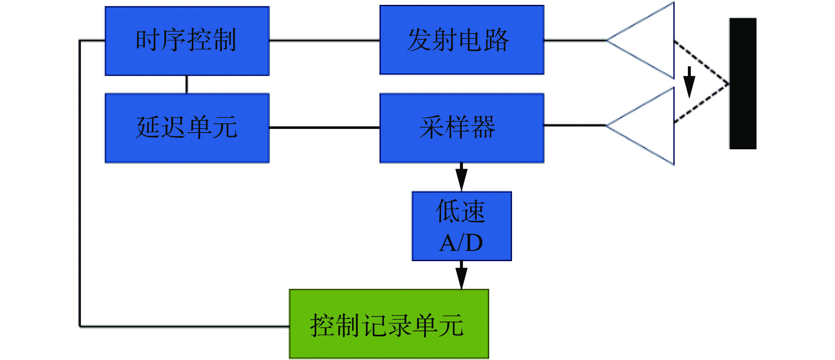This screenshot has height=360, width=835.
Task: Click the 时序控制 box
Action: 187,41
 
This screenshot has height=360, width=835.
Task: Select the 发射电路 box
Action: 462,40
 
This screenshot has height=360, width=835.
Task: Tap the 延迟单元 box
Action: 187,128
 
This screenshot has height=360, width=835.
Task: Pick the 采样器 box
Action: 462,128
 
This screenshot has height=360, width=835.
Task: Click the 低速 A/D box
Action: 462,226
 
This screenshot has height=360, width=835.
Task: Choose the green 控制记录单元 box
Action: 389,323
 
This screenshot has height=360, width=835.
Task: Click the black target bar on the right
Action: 743,83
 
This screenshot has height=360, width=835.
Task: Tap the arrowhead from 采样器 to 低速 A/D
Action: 462,179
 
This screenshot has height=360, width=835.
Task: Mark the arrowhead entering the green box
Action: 462,277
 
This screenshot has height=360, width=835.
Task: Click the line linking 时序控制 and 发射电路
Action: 324,40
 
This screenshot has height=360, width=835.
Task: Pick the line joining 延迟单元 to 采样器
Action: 324,128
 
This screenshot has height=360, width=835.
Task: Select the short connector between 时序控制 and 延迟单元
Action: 187,84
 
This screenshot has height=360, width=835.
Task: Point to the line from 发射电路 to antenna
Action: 574,40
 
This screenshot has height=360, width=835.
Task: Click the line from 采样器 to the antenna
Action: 574,125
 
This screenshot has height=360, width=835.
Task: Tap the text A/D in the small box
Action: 461,243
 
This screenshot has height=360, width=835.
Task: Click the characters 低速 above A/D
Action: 461,212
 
